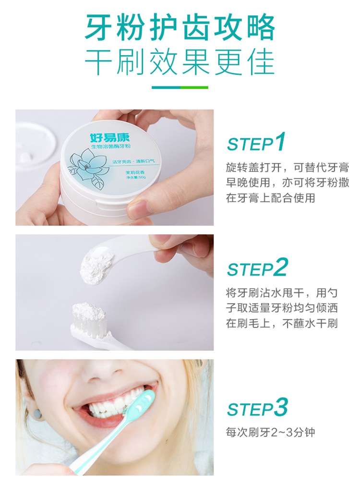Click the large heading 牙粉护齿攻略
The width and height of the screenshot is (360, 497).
coord(180,28)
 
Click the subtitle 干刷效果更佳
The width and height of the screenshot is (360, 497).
coord(180,61)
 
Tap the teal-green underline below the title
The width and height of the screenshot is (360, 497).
coord(180,87)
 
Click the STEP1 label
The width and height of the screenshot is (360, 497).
coord(256,142)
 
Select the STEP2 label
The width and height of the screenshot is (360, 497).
coord(257,267)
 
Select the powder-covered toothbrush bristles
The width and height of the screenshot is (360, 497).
coord(89,317)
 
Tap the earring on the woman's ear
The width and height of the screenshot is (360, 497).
coord(37,413)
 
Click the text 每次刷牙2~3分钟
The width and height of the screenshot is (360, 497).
coord(270,433)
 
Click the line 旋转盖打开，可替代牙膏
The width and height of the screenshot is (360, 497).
coord(288,168)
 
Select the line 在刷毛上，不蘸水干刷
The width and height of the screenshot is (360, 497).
coord(282,323)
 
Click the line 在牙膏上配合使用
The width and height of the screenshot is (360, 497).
coord(270,198)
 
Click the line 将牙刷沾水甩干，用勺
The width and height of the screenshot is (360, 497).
coord(282,292)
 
